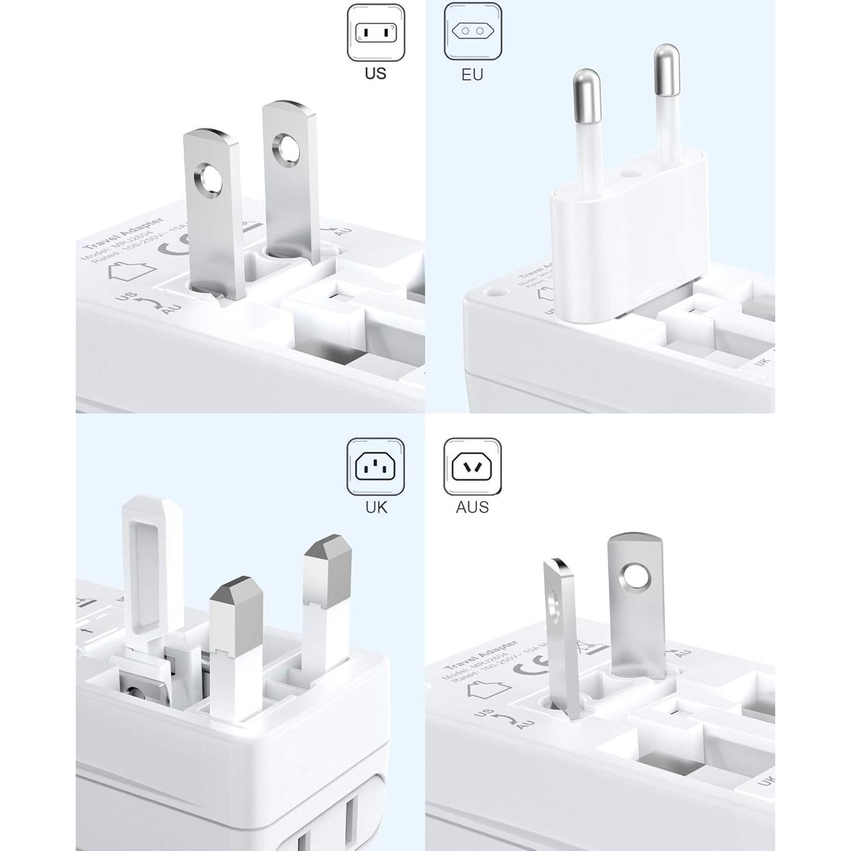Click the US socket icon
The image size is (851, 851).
point(376,33)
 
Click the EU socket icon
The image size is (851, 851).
point(472,31)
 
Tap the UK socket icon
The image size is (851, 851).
point(376,466)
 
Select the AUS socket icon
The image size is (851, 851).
point(472,466)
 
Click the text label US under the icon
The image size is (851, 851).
point(376,73)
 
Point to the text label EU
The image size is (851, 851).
point(472,75)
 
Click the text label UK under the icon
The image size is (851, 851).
point(376,507)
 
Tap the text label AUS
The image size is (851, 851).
point(472,507)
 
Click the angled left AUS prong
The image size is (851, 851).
point(562,635)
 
